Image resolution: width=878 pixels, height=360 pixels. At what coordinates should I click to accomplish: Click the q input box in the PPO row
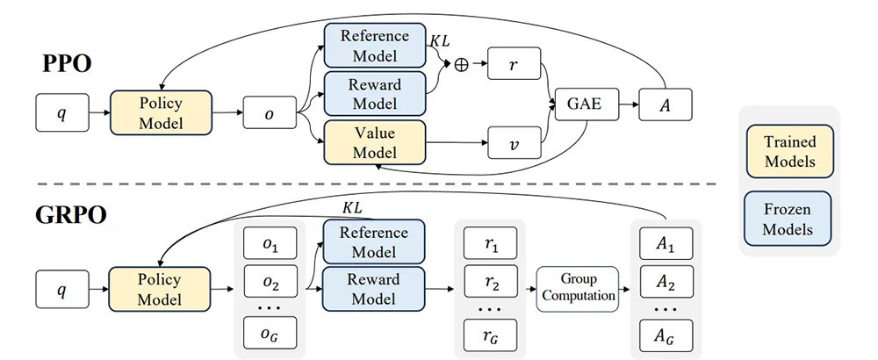[61, 112]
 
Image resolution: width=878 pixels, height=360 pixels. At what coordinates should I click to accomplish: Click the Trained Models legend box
[788, 151]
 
